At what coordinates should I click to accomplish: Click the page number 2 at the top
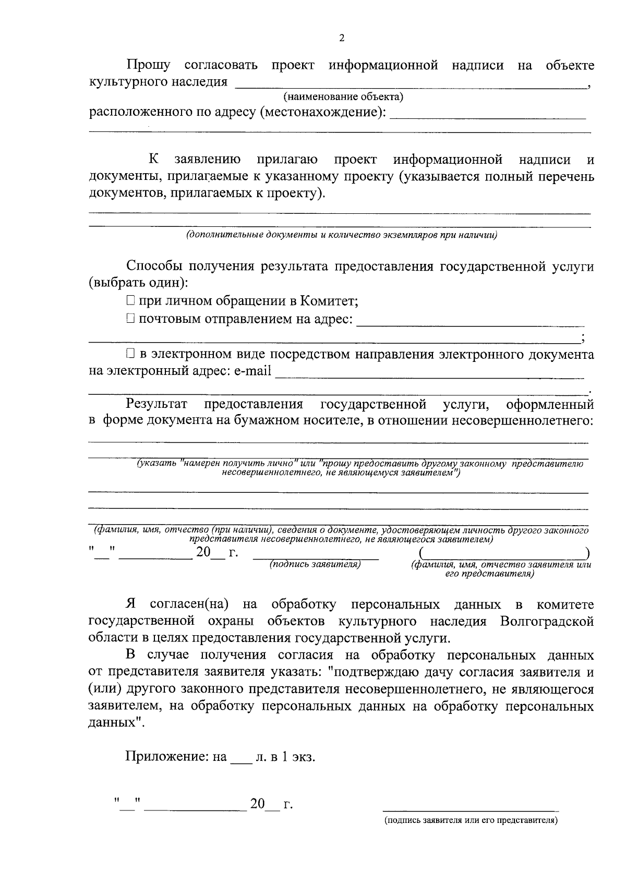tap(342, 38)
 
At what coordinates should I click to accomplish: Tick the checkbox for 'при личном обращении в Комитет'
tap(130, 301)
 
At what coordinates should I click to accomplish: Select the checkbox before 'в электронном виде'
tap(130, 355)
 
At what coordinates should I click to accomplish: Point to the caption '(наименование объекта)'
tap(343, 96)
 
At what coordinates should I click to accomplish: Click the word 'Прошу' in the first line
tap(148, 66)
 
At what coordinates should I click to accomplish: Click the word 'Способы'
tap(154, 266)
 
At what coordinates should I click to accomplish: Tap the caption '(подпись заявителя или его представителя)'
tap(471, 821)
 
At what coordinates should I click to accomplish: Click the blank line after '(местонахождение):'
tap(488, 115)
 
